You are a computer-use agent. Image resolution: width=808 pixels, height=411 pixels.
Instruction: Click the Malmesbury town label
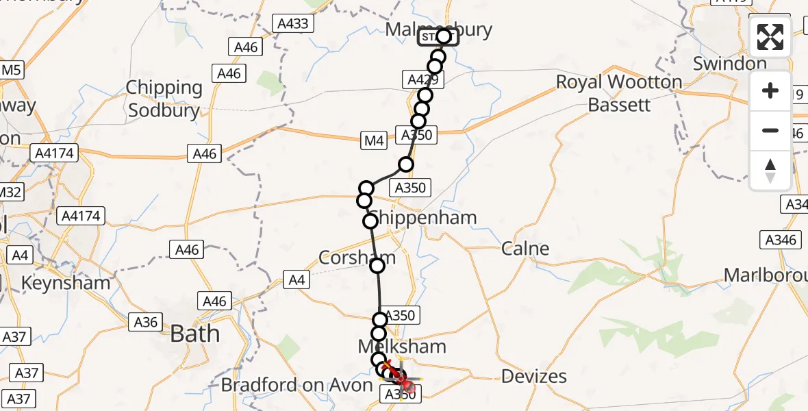[439, 29]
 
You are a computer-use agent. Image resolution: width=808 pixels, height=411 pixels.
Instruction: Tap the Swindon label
[729, 64]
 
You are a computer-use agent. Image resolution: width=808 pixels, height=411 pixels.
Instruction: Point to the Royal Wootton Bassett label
[618, 93]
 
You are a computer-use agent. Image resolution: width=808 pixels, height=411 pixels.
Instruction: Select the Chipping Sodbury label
[164, 99]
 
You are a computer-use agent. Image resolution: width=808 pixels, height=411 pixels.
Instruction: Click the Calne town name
[525, 249]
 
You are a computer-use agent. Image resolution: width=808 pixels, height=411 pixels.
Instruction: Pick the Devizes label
[534, 375]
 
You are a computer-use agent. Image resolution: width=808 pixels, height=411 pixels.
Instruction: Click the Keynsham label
[66, 282]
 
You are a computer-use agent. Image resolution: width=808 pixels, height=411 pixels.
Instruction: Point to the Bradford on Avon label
[296, 385]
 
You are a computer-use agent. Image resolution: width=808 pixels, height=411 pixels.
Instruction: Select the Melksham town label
[402, 347]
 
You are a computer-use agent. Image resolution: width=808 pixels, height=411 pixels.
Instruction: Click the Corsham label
[357, 258]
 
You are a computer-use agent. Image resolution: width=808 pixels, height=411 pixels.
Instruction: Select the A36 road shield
[145, 323]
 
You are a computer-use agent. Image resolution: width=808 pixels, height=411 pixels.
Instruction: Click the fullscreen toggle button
[770, 37]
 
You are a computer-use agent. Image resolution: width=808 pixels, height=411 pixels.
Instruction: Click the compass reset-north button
[770, 171]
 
